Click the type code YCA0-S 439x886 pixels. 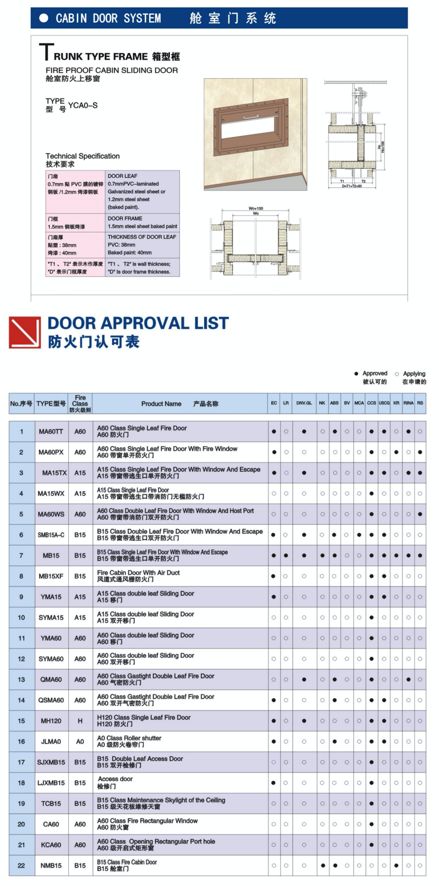click(83, 105)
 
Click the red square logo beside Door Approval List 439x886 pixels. click(24, 332)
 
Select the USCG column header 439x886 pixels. click(384, 403)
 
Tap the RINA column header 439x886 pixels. click(408, 403)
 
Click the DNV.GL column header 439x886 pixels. click(304, 403)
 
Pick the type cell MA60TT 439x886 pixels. click(51, 432)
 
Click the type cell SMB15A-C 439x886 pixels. click(51, 535)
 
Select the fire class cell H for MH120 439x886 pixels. click(80, 721)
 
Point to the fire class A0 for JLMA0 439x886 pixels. click(80, 742)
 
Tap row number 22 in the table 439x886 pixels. click(21, 866)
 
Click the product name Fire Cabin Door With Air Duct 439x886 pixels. click(139, 573)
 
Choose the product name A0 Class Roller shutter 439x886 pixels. click(129, 738)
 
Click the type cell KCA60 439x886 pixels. click(51, 845)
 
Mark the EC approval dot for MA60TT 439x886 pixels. click(274, 432)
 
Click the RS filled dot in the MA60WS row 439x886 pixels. click(420, 514)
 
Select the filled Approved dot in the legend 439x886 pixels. click(356, 374)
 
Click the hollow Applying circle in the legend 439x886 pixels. click(397, 374)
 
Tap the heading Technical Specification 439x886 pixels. click(83, 156)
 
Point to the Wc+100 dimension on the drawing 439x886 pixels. click(256, 209)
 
